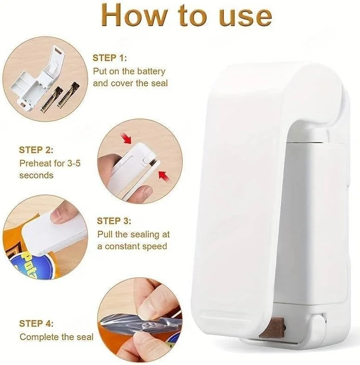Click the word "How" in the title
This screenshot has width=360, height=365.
(x=134, y=16)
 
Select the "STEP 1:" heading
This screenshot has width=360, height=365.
(x=110, y=58)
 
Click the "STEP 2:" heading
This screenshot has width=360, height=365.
(x=36, y=150)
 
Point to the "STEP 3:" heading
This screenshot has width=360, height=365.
(x=114, y=221)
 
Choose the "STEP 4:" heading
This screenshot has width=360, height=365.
(x=36, y=324)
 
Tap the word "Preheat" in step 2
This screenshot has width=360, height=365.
(x=35, y=163)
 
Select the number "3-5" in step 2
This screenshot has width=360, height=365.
(x=74, y=163)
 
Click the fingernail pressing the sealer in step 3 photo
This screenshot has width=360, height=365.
(x=58, y=218)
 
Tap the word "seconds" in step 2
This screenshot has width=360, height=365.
(x=36, y=175)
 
